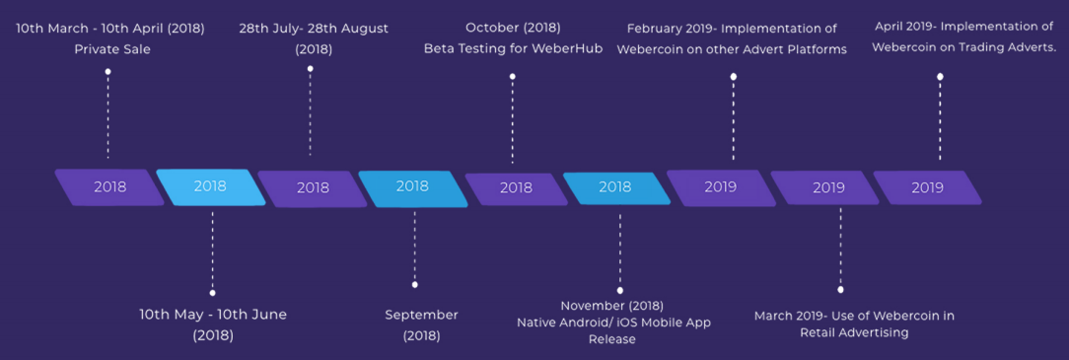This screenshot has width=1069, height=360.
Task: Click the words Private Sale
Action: coord(112,49)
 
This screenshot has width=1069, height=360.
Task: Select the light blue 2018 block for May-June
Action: coord(211,186)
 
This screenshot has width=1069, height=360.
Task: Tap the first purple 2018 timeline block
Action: coord(109,186)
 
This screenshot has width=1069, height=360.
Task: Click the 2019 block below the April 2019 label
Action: coord(927,187)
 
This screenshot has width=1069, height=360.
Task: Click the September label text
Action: coord(421,315)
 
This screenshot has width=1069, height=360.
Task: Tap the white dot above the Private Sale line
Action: coord(107,71)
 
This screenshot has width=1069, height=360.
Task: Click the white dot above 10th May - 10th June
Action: coord(213,293)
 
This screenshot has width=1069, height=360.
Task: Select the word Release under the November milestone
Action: coord(612,339)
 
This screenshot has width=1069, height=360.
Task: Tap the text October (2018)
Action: coord(514,29)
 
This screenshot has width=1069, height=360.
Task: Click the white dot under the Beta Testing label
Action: coord(513,76)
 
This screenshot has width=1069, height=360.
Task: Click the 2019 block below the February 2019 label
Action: coord(721,187)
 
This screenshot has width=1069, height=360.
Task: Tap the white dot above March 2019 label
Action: coord(840,290)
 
